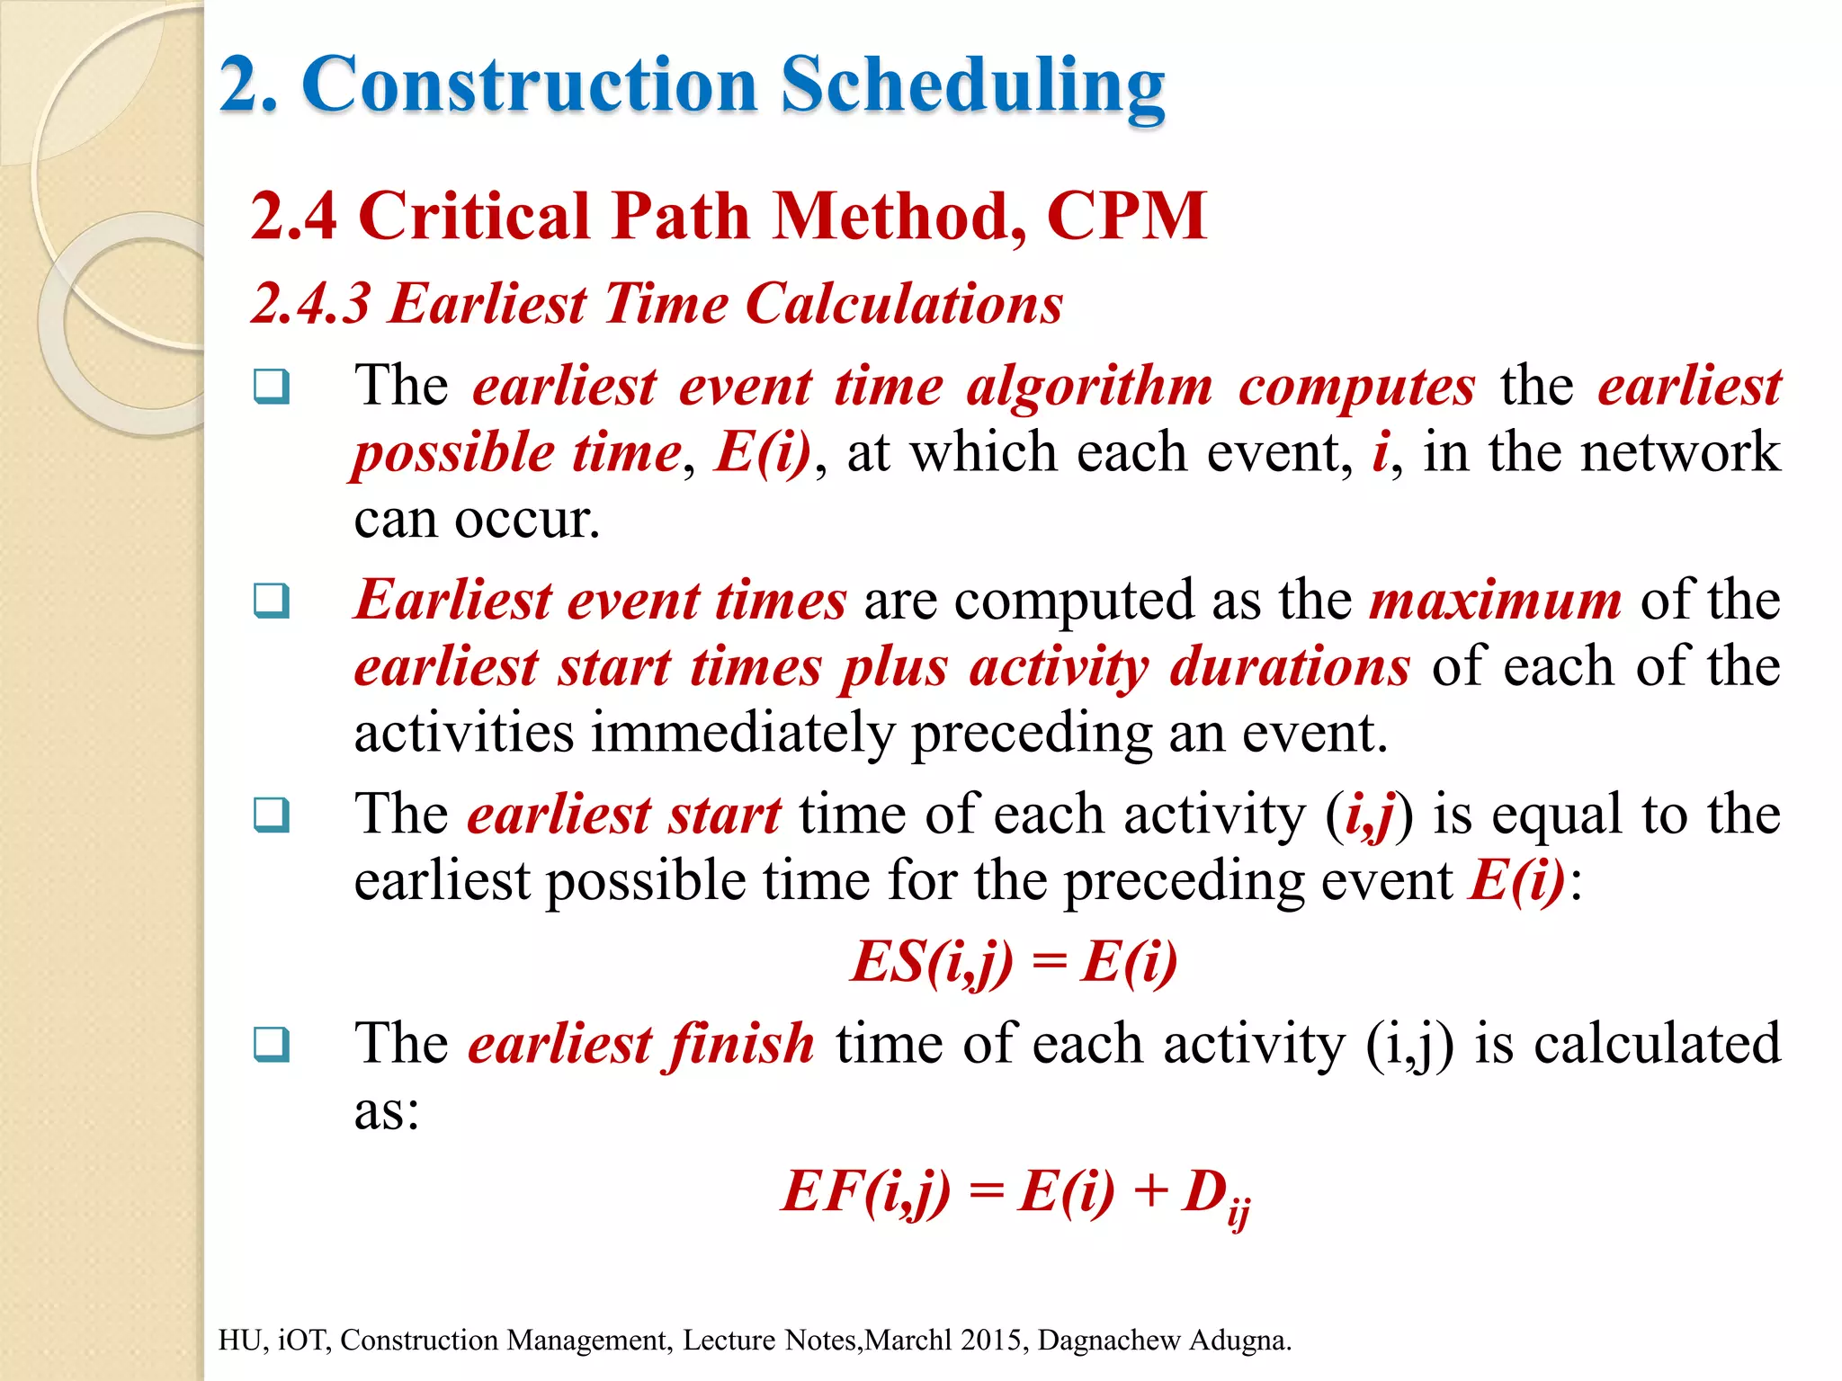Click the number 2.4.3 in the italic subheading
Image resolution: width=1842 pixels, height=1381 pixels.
click(x=310, y=303)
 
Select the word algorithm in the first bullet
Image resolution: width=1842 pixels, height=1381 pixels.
click(x=1089, y=387)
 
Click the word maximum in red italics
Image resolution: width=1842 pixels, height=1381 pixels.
click(x=1495, y=600)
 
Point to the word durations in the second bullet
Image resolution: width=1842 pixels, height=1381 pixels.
click(x=1289, y=667)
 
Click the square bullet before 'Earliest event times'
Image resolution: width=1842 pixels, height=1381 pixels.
click(x=271, y=601)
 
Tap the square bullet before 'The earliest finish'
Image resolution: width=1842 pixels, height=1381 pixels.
click(x=271, y=1044)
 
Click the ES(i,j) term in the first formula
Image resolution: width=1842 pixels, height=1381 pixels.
click(x=932, y=962)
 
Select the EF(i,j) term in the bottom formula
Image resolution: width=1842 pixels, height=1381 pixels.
click(x=865, y=1192)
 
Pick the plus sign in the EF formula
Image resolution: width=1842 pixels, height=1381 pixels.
click(x=1150, y=1193)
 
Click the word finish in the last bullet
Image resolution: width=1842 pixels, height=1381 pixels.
click(x=740, y=1044)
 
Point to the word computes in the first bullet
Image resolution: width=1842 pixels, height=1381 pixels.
click(x=1356, y=387)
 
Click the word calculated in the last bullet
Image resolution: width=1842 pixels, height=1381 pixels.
click(x=1657, y=1044)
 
